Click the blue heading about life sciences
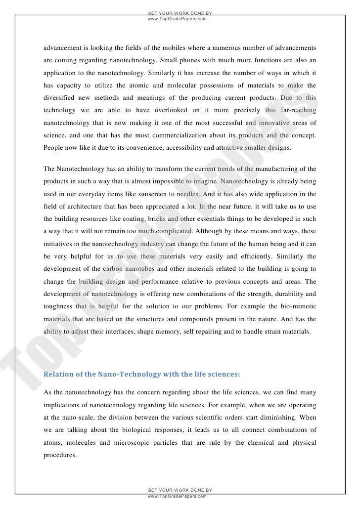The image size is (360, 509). click(142, 374)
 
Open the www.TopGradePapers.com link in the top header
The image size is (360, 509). click(177, 19)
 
